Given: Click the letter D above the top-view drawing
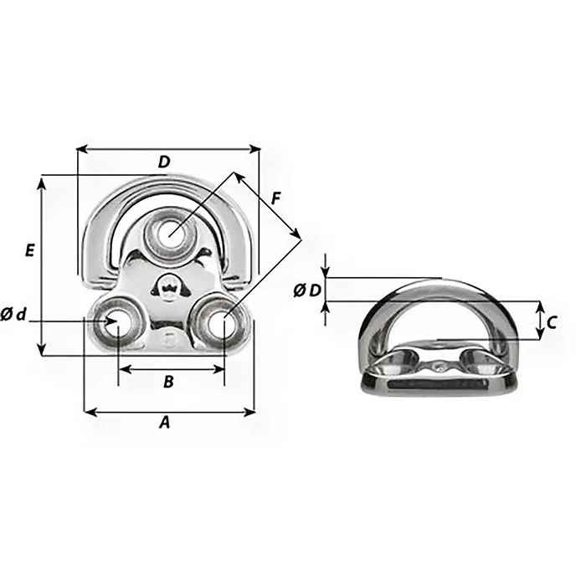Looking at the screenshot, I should [x=164, y=162].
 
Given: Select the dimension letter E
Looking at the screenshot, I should [x=29, y=249].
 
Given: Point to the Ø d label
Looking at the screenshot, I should [x=14, y=315].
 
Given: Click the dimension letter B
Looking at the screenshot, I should [x=167, y=382].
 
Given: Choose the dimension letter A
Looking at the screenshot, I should [x=164, y=424].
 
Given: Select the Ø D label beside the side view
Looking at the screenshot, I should [x=307, y=290].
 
